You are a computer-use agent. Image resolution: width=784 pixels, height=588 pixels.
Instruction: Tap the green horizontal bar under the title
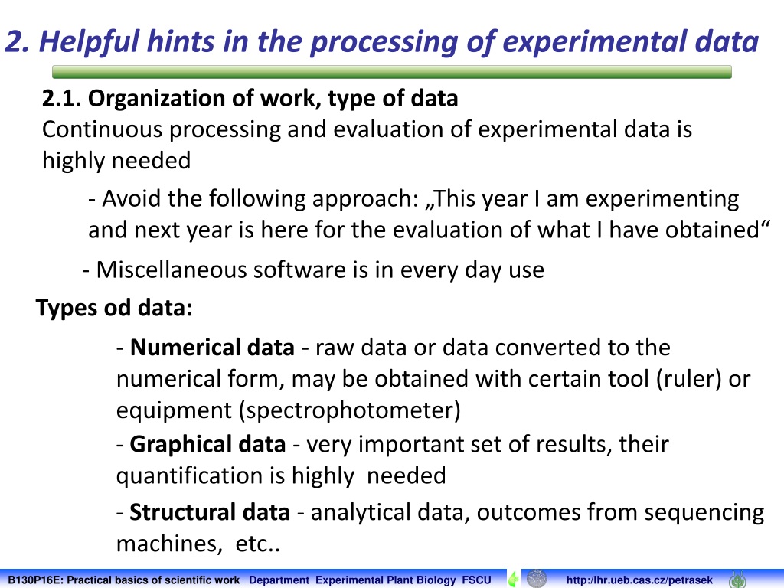pos(391,72)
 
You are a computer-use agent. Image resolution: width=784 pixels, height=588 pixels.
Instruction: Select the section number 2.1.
pos(61,99)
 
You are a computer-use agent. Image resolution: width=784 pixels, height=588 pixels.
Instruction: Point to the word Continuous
pos(102,129)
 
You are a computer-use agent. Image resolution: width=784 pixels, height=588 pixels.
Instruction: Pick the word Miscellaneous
pos(171,269)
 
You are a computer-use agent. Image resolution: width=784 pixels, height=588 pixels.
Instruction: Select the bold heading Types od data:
pos(114,308)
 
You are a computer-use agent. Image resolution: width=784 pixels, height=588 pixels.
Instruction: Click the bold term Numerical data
pos(212,348)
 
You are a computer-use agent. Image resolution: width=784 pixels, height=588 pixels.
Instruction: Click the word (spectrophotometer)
pos(349,411)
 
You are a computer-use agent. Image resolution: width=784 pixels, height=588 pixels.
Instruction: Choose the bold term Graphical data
pos(207,445)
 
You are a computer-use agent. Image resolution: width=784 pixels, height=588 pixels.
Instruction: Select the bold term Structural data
pos(210,512)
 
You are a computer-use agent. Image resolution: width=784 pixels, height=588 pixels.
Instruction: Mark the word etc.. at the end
pos(257,544)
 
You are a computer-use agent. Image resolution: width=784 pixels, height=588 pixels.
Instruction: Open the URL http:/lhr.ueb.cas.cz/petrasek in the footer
pos(639,580)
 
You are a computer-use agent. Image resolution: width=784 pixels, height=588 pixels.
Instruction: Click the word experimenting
pos(662,200)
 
